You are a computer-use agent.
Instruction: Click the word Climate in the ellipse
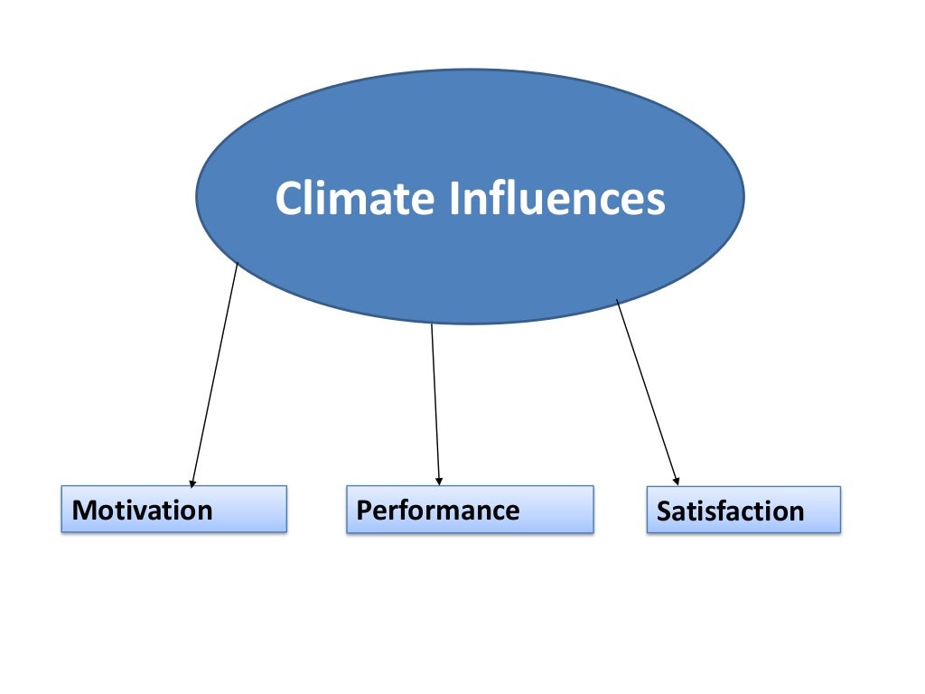click(x=354, y=198)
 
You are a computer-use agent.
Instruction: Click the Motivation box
click(x=173, y=509)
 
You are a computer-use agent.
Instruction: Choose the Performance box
click(x=470, y=510)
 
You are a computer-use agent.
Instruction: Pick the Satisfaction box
click(x=743, y=510)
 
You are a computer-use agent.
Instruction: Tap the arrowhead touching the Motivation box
click(x=192, y=482)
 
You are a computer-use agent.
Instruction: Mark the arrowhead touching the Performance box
click(x=438, y=481)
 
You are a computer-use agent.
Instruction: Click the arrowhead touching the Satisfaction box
click(x=677, y=481)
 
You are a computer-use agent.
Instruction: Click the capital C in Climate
click(x=288, y=199)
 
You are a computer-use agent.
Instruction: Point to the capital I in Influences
click(x=453, y=198)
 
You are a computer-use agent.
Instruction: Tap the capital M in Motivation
click(x=83, y=511)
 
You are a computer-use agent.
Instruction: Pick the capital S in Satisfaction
click(x=664, y=511)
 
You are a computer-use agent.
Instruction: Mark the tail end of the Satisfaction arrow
click(x=617, y=301)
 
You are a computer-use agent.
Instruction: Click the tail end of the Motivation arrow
click(x=238, y=263)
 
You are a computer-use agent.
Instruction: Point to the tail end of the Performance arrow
click(x=432, y=324)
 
